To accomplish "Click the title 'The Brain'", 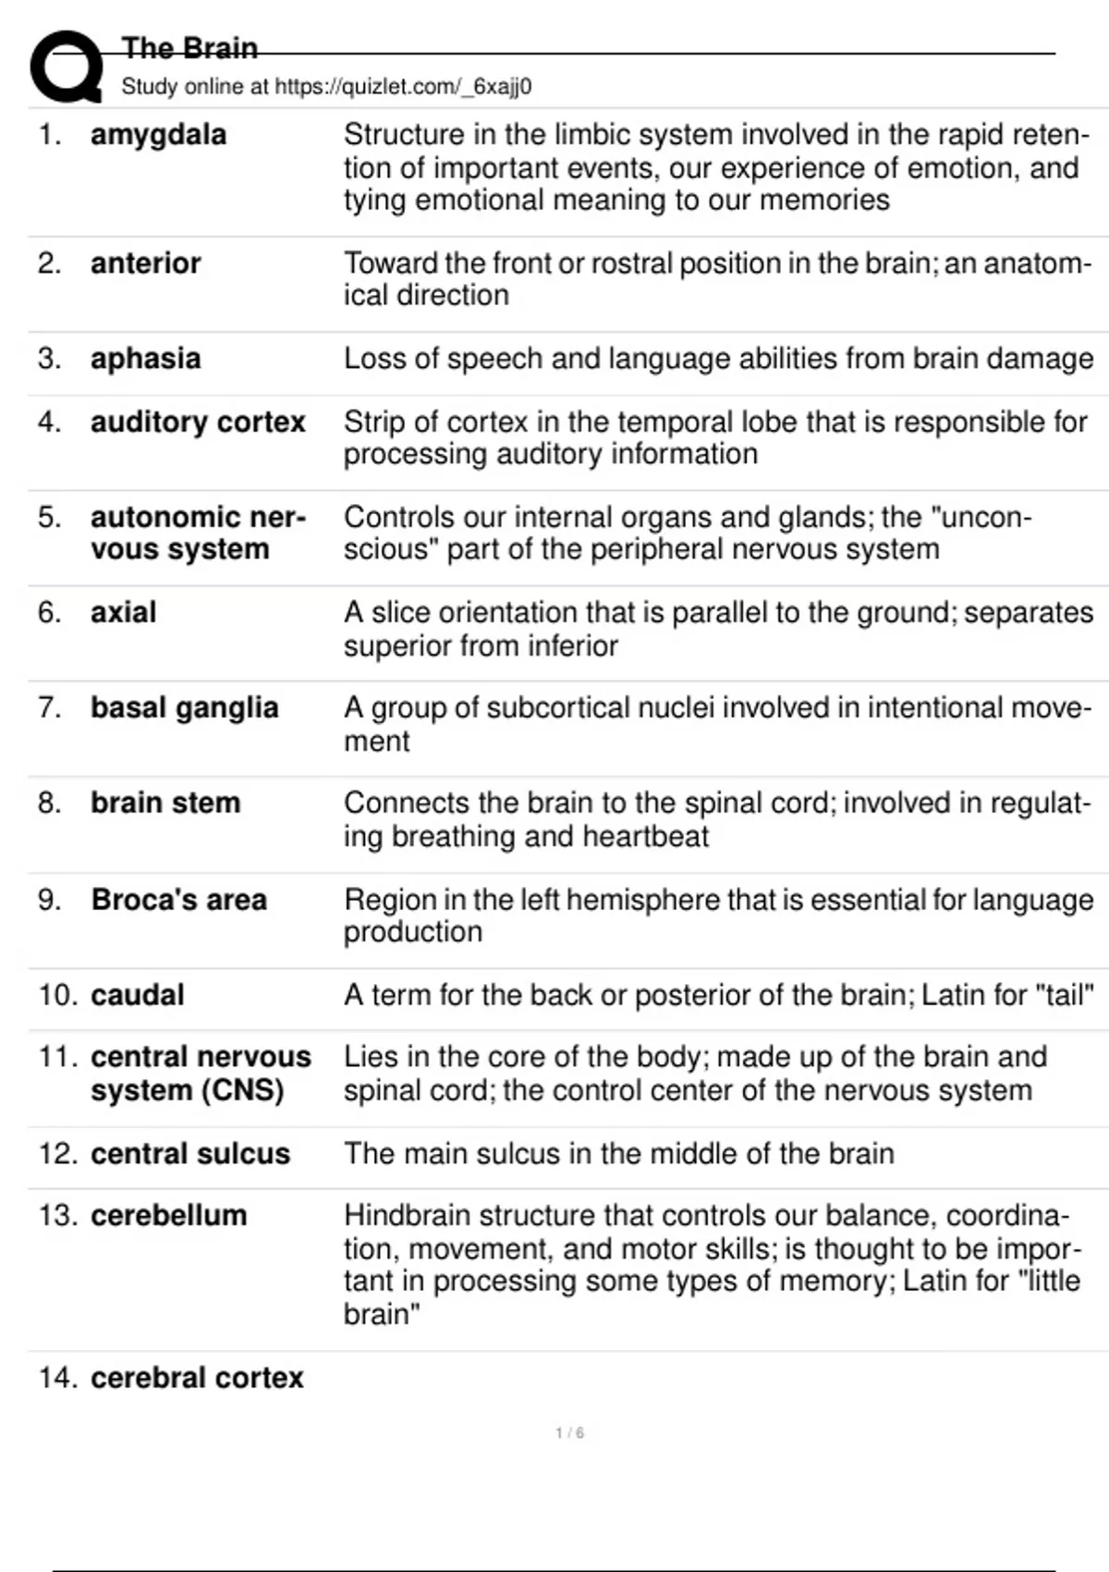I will (189, 48).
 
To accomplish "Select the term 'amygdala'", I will (158, 135).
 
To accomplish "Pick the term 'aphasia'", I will (145, 359).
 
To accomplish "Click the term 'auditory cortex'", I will (198, 423).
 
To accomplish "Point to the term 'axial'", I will (123, 613).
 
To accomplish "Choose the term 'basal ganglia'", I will (184, 708).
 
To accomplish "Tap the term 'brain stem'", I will (165, 804).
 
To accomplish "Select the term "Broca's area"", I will (178, 900).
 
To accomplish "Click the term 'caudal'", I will (138, 995).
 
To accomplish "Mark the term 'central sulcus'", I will (190, 1154).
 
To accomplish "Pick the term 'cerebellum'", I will (168, 1216).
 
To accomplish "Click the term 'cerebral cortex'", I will (197, 1378).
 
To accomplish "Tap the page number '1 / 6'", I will (569, 1433).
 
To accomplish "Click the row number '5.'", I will (50, 518).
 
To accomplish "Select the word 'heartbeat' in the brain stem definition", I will (645, 837).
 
